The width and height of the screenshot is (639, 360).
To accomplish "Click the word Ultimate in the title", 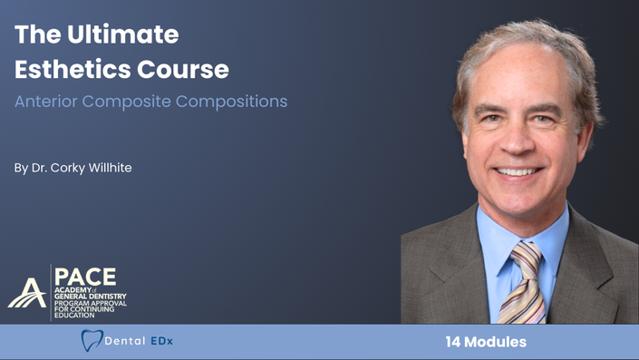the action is point(122,34).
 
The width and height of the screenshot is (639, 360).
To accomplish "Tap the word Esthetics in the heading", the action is point(73,69).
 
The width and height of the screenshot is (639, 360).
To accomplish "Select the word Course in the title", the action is point(183,69).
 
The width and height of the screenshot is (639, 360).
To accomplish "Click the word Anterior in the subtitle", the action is point(45,102).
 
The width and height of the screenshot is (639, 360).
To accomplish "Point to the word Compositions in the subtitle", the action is point(231,102).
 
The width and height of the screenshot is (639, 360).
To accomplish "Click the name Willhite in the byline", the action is point(110,168).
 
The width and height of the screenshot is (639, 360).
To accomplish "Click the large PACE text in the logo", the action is point(85,277).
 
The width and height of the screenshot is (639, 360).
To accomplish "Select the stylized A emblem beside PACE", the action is point(27,293).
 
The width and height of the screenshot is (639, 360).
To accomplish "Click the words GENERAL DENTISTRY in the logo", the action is point(91,297).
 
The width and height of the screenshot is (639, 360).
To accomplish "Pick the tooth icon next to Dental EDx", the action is point(92,340).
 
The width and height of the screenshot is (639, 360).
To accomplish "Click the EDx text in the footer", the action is point(161,341).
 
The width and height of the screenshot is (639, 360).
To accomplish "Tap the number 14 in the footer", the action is point(453,342).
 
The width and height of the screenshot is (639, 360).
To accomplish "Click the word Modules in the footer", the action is point(495,342).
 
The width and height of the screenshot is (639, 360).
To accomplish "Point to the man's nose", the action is point(517,138).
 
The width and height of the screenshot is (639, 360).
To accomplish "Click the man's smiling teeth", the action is point(517,171).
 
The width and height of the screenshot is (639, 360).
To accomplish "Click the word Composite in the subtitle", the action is point(126,102).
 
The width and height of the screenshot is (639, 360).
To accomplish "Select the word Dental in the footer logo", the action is point(125,341).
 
